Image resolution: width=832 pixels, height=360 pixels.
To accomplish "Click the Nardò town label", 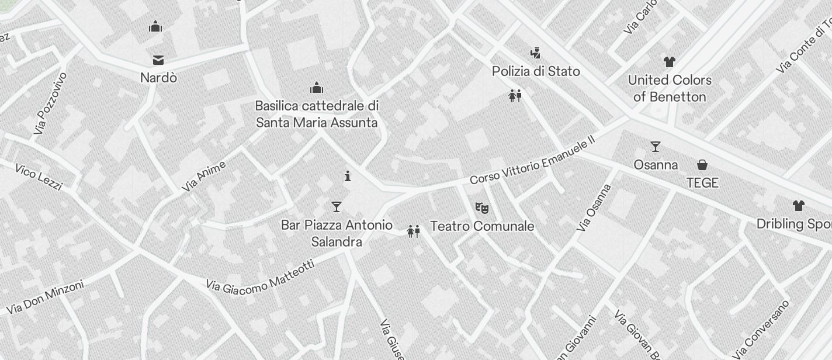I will tap(158, 78).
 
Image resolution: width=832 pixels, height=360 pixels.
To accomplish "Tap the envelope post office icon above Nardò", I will tap(158, 60).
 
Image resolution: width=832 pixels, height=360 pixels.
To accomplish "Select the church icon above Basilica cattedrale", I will tap(317, 88).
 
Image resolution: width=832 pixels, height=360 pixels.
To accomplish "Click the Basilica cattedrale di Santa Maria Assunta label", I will tap(317, 115).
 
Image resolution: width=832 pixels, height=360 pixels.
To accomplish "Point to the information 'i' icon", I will tap(348, 176).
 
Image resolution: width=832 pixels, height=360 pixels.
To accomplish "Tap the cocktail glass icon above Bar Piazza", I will tap(336, 207).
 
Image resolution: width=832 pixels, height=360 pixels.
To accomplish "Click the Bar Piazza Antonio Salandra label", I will tap(337, 233).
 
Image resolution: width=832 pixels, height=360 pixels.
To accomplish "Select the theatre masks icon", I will tap(481, 207).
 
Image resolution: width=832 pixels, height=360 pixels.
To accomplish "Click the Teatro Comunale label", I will tap(482, 226).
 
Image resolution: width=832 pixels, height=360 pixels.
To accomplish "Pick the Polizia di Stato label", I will tap(536, 71).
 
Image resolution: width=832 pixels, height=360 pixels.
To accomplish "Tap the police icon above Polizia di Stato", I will tap(535, 54).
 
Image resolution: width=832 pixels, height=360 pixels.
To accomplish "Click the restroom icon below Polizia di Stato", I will tap(515, 96).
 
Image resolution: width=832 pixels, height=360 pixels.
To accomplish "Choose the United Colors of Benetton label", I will tap(670, 88).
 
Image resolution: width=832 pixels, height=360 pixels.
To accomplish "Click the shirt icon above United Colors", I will tap(670, 62).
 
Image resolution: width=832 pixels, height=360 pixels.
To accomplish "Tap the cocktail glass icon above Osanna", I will tap(656, 147).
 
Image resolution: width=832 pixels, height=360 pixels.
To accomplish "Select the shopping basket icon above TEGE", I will tap(702, 165).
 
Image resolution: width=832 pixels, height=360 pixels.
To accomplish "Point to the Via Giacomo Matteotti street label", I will tap(261, 276).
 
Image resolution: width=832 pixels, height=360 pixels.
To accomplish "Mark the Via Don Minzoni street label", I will tap(45, 297).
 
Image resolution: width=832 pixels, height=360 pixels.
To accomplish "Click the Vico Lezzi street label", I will tap(39, 177).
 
